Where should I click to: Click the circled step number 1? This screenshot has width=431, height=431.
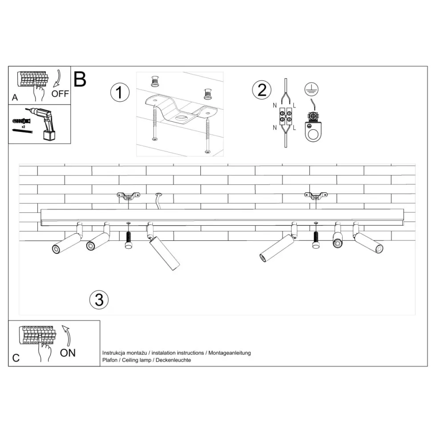(x=120, y=92)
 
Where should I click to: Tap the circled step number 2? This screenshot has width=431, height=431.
(x=262, y=90)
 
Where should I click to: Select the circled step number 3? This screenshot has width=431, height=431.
(x=99, y=299)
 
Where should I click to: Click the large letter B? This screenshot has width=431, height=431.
(x=80, y=79)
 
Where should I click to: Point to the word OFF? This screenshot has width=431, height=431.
(x=60, y=94)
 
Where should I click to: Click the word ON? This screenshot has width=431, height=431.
(x=68, y=353)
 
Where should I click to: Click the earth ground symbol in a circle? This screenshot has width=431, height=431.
(x=311, y=89)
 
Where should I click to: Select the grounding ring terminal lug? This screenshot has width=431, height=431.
(x=313, y=127)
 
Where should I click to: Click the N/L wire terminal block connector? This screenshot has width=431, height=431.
(x=286, y=116)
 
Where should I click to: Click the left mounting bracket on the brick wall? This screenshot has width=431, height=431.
(x=128, y=196)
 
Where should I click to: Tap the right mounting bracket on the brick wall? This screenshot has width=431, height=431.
(x=316, y=196)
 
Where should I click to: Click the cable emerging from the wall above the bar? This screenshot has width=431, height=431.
(x=158, y=201)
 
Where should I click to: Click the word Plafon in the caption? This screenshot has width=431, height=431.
(x=110, y=360)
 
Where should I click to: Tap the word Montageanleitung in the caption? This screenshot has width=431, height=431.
(x=230, y=353)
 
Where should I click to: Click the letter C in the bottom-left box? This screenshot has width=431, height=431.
(x=16, y=358)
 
